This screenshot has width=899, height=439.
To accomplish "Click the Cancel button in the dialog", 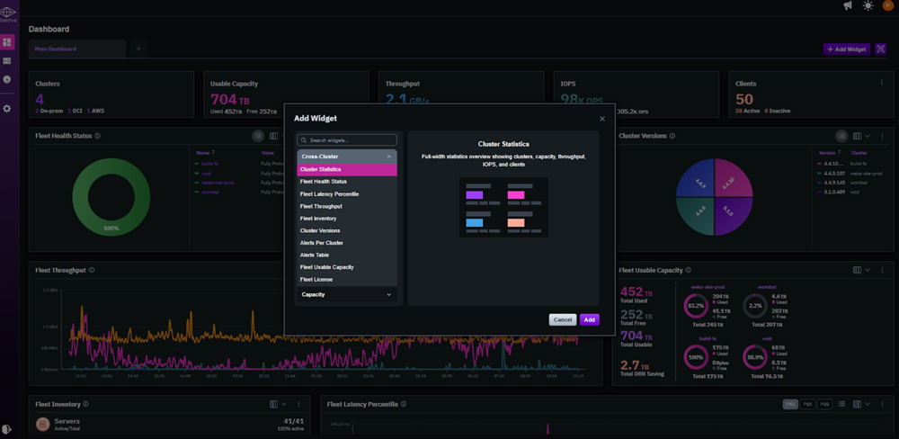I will (563, 319).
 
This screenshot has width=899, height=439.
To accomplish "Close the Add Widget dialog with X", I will (602, 119).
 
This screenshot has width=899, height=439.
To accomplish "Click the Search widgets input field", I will (347, 140).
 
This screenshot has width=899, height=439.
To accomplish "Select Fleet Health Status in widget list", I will (324, 182).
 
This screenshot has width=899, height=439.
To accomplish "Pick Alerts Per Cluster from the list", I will (322, 243).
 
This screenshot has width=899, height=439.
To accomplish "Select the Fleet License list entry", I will (316, 280).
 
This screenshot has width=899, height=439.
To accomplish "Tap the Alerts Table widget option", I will (315, 255).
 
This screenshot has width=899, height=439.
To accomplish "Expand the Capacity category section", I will (347, 295).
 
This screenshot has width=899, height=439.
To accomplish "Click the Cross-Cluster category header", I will (347, 157).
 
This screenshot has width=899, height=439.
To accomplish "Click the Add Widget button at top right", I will (846, 49).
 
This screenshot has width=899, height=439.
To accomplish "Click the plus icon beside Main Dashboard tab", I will (138, 49).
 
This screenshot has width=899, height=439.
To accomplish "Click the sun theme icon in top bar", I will (868, 6).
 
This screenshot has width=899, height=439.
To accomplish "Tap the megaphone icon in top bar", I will (847, 6).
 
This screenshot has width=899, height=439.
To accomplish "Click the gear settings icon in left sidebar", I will (7, 109).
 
